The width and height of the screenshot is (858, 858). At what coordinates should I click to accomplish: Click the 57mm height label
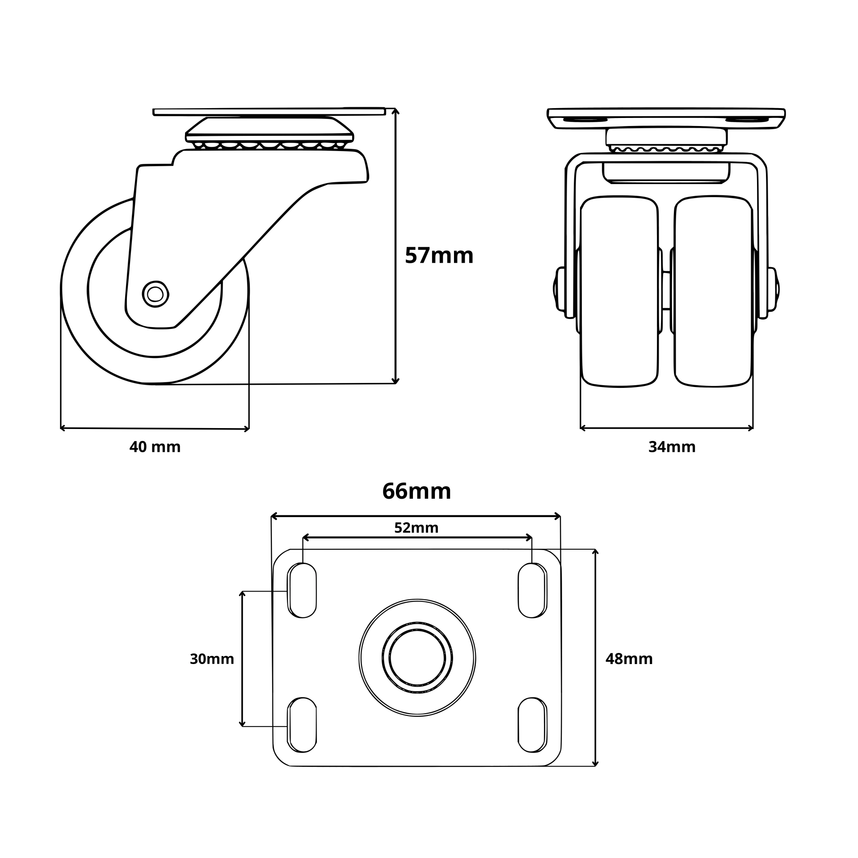(x=439, y=256)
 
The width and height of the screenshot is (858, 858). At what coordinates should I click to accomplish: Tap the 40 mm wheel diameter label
(x=155, y=447)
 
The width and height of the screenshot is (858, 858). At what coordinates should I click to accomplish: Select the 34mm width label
(x=672, y=447)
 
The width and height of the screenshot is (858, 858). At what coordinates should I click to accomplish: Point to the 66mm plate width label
(x=416, y=491)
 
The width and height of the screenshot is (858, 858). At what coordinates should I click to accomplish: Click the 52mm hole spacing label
(x=416, y=528)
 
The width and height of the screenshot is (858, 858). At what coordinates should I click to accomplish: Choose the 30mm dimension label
(x=212, y=659)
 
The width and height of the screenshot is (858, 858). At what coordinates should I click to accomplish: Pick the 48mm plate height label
(x=629, y=659)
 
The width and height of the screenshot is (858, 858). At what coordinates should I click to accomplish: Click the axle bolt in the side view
(x=155, y=294)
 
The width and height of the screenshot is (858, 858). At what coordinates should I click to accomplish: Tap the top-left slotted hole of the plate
(x=302, y=591)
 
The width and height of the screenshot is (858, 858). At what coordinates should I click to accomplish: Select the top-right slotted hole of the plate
(x=532, y=591)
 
